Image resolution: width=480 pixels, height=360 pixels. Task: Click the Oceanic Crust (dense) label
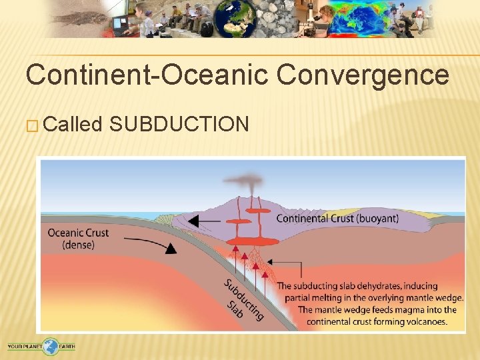click(x=78, y=239)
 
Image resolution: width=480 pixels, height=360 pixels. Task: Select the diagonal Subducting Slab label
click(x=241, y=300)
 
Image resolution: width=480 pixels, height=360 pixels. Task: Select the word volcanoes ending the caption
click(x=423, y=322)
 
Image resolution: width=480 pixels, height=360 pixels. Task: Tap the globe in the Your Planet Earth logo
click(x=51, y=345)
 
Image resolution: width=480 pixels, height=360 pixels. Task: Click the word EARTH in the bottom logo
click(x=67, y=346)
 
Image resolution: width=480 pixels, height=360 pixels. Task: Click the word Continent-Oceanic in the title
click(x=147, y=75)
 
